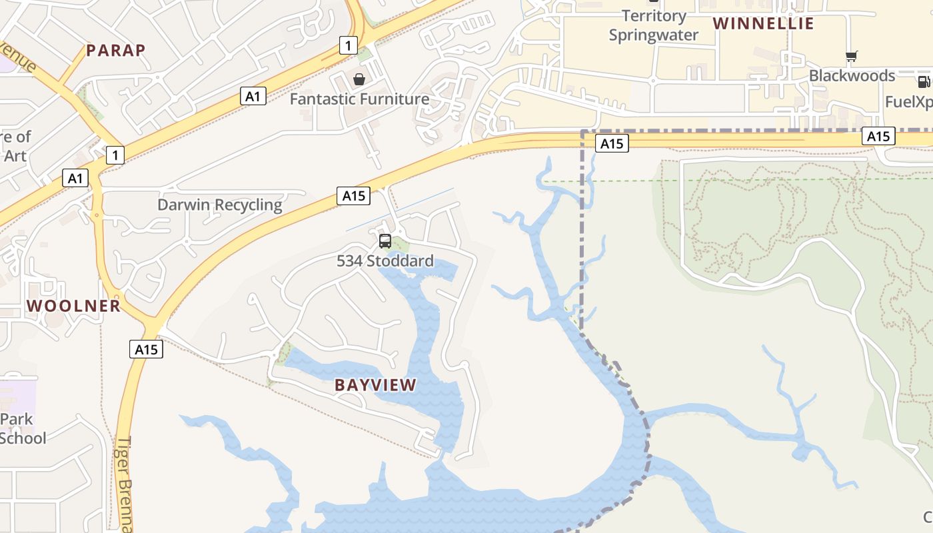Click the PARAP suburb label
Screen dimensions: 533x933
point(116,50)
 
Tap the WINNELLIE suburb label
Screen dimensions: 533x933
point(764,23)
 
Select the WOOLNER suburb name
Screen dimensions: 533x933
point(73,306)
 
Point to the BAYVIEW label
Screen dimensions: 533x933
point(375,384)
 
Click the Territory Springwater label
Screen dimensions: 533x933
point(653,25)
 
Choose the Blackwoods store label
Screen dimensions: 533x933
point(852,75)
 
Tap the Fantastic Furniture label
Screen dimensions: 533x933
point(359,99)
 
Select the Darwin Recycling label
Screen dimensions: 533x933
point(220,205)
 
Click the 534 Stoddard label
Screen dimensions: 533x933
point(385,261)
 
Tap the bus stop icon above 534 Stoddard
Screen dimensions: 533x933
point(385,241)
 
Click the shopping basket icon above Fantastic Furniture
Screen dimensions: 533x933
point(359,80)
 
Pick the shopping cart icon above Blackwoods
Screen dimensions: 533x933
point(851,57)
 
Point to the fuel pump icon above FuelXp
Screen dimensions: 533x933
point(923,82)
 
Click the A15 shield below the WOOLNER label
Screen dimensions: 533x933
point(146,349)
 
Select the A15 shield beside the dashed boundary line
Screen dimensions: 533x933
point(611,143)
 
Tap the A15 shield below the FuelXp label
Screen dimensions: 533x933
point(878,137)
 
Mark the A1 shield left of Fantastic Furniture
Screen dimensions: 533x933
point(253,97)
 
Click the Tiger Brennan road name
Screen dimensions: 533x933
point(125,483)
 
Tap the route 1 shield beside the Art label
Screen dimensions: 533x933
point(115,156)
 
